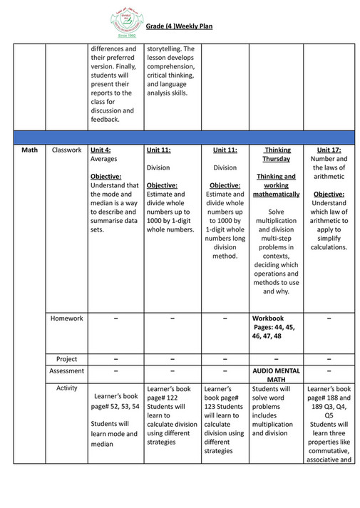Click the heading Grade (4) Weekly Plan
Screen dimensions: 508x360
[x=179, y=26]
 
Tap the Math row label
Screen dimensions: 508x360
[x=29, y=150]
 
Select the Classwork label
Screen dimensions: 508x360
[x=66, y=150]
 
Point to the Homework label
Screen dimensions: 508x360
[x=66, y=318]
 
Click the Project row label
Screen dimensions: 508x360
[x=66, y=359]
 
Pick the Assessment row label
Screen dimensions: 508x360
[x=66, y=371]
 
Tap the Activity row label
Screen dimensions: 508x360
[x=66, y=388]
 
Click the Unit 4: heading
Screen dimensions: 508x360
[x=101, y=150]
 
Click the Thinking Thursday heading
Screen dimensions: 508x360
[x=277, y=155]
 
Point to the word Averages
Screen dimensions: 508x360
[x=104, y=159]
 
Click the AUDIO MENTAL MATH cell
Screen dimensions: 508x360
[x=277, y=375]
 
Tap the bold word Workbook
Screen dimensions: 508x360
[x=268, y=318]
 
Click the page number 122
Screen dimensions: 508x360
[x=171, y=398]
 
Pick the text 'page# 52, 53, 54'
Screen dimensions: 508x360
[x=115, y=405]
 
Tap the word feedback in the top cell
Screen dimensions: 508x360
[x=104, y=119]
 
